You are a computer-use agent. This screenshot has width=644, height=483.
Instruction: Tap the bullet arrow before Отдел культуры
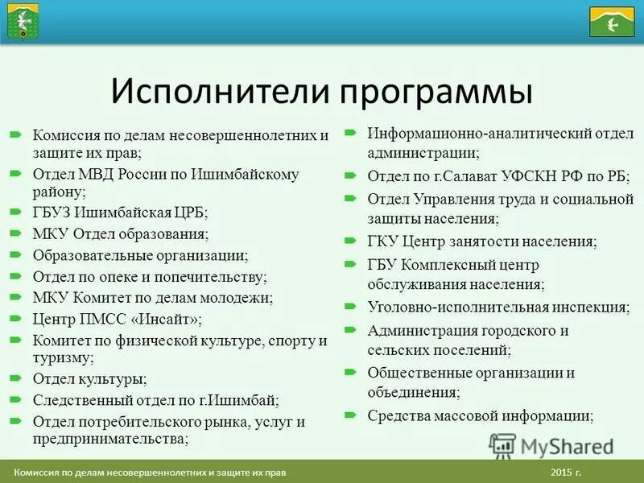[15, 378]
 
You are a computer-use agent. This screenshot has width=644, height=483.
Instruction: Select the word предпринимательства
[109, 439]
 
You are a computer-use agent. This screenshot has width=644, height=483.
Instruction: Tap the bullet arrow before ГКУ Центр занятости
[350, 241]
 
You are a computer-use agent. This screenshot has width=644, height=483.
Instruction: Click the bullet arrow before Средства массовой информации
[350, 415]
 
